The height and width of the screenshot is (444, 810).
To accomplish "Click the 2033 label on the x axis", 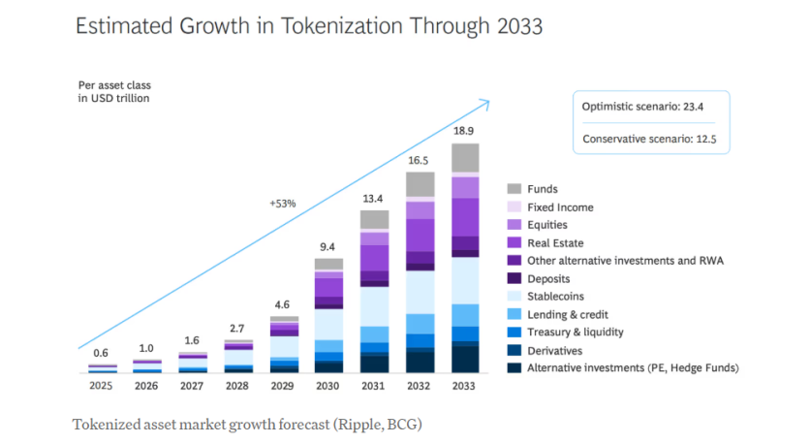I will [465, 385].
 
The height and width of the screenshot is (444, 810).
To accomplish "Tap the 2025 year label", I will [102, 385].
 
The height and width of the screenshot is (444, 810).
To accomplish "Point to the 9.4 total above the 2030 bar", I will [329, 246].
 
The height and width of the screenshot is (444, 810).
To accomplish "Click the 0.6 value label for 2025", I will [102, 352].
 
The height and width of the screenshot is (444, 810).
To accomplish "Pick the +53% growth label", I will [282, 204].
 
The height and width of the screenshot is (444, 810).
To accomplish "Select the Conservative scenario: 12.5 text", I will [650, 139].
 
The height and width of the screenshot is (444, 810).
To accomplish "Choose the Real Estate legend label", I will [555, 242].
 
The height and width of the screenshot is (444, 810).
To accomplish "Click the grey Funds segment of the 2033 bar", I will [465, 158].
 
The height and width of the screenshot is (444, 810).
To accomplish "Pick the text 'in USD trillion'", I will [114, 98].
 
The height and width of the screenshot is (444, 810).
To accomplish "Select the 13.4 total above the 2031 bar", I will [374, 199].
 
